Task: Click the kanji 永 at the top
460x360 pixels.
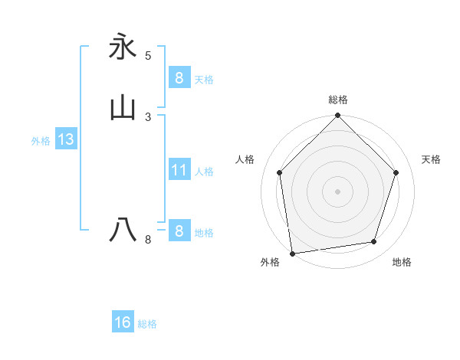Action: (123, 47)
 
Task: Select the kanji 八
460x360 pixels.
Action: (123, 230)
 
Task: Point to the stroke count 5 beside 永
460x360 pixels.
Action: (148, 56)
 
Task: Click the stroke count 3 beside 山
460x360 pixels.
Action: (148, 117)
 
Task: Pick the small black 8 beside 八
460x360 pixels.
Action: (148, 240)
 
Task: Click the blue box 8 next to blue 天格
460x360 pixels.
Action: (179, 77)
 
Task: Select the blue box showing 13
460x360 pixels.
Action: (65, 139)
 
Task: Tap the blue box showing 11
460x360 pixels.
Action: (179, 170)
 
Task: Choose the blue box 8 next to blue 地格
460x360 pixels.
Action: (179, 231)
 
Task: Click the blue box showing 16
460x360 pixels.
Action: (123, 322)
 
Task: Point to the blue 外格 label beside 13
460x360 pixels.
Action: (41, 141)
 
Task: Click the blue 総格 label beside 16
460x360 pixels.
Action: (147, 324)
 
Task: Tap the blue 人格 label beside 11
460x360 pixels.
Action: (205, 172)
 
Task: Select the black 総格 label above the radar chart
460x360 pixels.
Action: (338, 100)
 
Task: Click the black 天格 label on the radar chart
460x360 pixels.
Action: (432, 159)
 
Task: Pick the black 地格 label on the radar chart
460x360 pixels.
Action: (402, 263)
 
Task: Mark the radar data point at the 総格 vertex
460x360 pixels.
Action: (337, 116)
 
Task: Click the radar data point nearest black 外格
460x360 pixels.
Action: (292, 252)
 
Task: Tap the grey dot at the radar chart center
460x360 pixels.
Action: (337, 190)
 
